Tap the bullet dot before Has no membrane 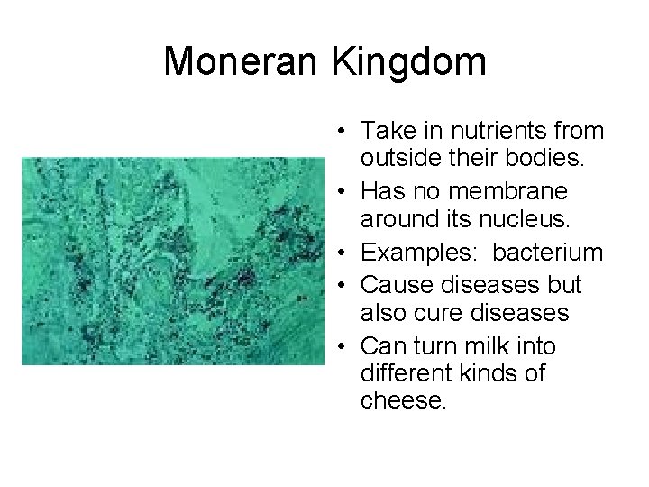click(343, 192)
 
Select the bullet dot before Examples click(343, 253)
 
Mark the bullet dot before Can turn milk click(343, 347)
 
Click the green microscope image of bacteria click(172, 262)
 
